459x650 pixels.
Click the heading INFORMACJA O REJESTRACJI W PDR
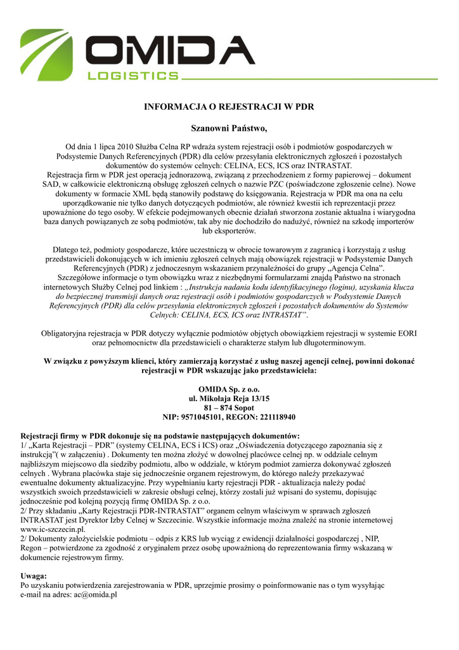(x=229, y=107)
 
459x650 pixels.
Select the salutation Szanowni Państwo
(x=229, y=129)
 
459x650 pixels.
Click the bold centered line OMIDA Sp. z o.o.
(x=229, y=388)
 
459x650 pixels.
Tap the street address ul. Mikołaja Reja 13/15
(x=229, y=398)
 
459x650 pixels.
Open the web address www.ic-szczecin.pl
(x=53, y=529)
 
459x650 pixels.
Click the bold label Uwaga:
(x=34, y=576)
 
